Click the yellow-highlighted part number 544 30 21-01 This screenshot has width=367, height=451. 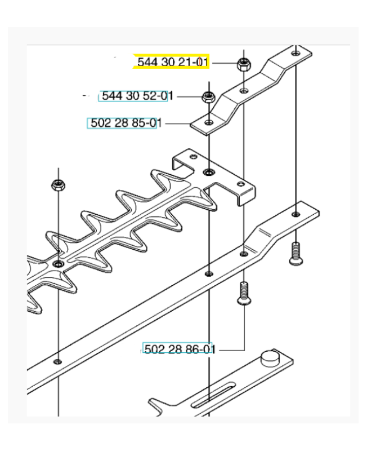(172, 62)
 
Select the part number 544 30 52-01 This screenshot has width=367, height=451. (135, 96)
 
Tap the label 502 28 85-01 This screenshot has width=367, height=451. (122, 123)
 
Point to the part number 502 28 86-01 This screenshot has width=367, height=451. (178, 350)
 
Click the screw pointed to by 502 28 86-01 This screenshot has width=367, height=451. (244, 295)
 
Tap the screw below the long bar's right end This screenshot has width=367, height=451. (295, 253)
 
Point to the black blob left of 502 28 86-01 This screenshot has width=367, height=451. (129, 352)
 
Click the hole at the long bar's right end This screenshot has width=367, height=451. (296, 214)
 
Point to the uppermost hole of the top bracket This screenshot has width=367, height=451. (296, 52)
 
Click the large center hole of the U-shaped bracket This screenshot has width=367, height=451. (209, 171)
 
